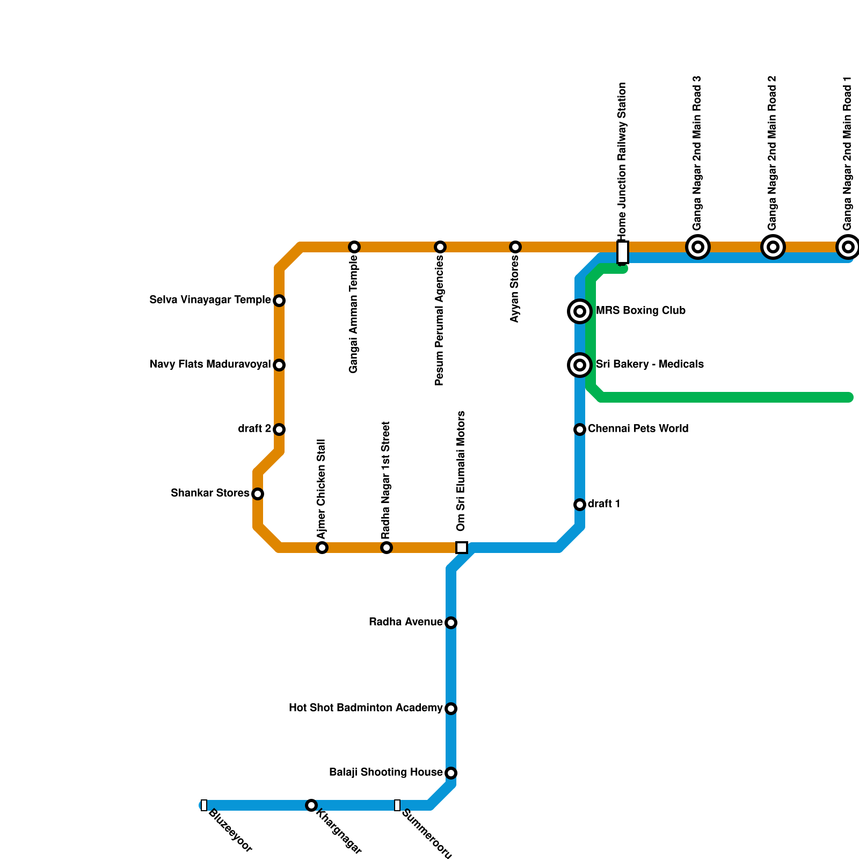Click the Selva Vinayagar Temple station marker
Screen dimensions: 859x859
(x=279, y=301)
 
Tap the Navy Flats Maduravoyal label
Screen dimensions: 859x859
(x=210, y=365)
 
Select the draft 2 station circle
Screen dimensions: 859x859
(x=279, y=429)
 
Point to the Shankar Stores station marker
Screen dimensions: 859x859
(x=258, y=494)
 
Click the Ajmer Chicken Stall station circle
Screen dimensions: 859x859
(x=322, y=548)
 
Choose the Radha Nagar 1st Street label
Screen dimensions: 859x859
(x=386, y=481)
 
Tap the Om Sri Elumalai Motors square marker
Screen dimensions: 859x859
(x=462, y=548)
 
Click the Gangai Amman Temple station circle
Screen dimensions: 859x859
(x=354, y=247)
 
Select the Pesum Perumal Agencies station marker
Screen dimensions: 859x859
(x=440, y=247)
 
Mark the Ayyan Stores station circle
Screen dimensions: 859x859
(x=515, y=247)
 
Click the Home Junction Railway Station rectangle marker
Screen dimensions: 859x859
(x=623, y=252)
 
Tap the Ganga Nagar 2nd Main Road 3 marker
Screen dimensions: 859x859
(x=698, y=247)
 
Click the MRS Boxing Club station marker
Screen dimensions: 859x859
(x=580, y=311)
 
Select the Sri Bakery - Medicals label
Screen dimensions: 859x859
(x=650, y=364)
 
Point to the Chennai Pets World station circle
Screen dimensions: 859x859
(x=580, y=429)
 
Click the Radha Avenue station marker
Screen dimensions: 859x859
(x=451, y=623)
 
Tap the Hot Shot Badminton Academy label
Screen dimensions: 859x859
(x=365, y=708)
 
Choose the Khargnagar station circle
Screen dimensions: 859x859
(x=311, y=805)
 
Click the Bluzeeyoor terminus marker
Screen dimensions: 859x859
(x=204, y=805)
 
